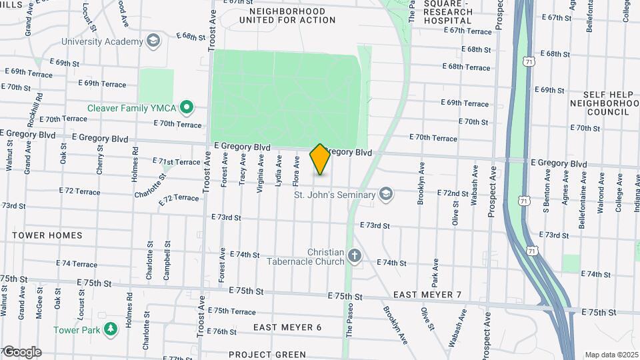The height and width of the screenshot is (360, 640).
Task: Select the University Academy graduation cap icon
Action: click(x=154, y=41)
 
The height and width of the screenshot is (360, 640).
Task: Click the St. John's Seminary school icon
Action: click(x=385, y=195)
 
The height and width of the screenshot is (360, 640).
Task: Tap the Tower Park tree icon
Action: click(x=110, y=327)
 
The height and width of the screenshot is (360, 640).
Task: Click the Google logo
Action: click(x=22, y=351)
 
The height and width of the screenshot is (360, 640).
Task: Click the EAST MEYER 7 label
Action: click(x=427, y=295)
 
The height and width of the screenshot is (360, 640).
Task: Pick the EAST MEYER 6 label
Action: click(x=287, y=327)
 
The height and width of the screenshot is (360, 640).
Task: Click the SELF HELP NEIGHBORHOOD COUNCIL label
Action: click(x=604, y=103)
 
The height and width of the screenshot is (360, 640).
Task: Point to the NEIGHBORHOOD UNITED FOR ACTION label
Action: click(x=292, y=15)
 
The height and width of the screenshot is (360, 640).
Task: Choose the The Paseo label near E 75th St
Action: click(x=349, y=321)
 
